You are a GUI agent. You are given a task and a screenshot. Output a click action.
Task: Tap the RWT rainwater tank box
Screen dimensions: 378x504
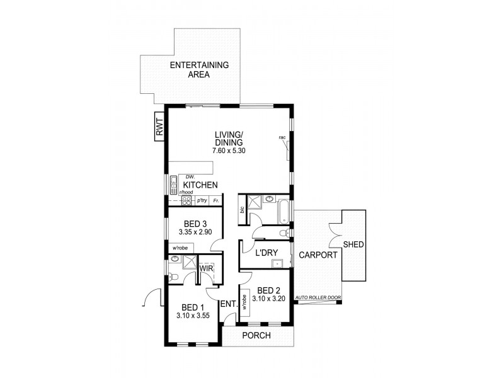pyautogui.click(x=159, y=129)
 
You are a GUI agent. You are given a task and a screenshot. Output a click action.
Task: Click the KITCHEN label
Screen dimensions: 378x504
pyautogui.click(x=201, y=185)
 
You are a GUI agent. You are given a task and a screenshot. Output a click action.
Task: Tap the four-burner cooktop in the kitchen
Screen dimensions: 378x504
pyautogui.click(x=186, y=201)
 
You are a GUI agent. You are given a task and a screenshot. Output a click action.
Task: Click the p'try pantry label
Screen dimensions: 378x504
pyautogui.click(x=202, y=200)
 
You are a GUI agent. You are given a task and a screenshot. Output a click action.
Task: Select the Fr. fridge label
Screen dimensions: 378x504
pyautogui.click(x=216, y=200)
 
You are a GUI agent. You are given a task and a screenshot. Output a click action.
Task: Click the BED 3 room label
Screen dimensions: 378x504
pyautogui.click(x=195, y=224)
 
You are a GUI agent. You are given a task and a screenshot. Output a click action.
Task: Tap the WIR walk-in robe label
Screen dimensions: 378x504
pyautogui.click(x=206, y=269)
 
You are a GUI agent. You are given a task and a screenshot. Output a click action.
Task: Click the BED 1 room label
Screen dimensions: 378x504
pyautogui.click(x=194, y=307)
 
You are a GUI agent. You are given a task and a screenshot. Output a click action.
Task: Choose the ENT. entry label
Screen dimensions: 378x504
pyautogui.click(x=228, y=304)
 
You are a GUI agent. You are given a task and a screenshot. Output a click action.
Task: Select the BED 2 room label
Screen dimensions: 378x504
pyautogui.click(x=265, y=290)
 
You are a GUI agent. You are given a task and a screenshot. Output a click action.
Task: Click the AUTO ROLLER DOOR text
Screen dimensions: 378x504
pyautogui.click(x=318, y=296)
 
